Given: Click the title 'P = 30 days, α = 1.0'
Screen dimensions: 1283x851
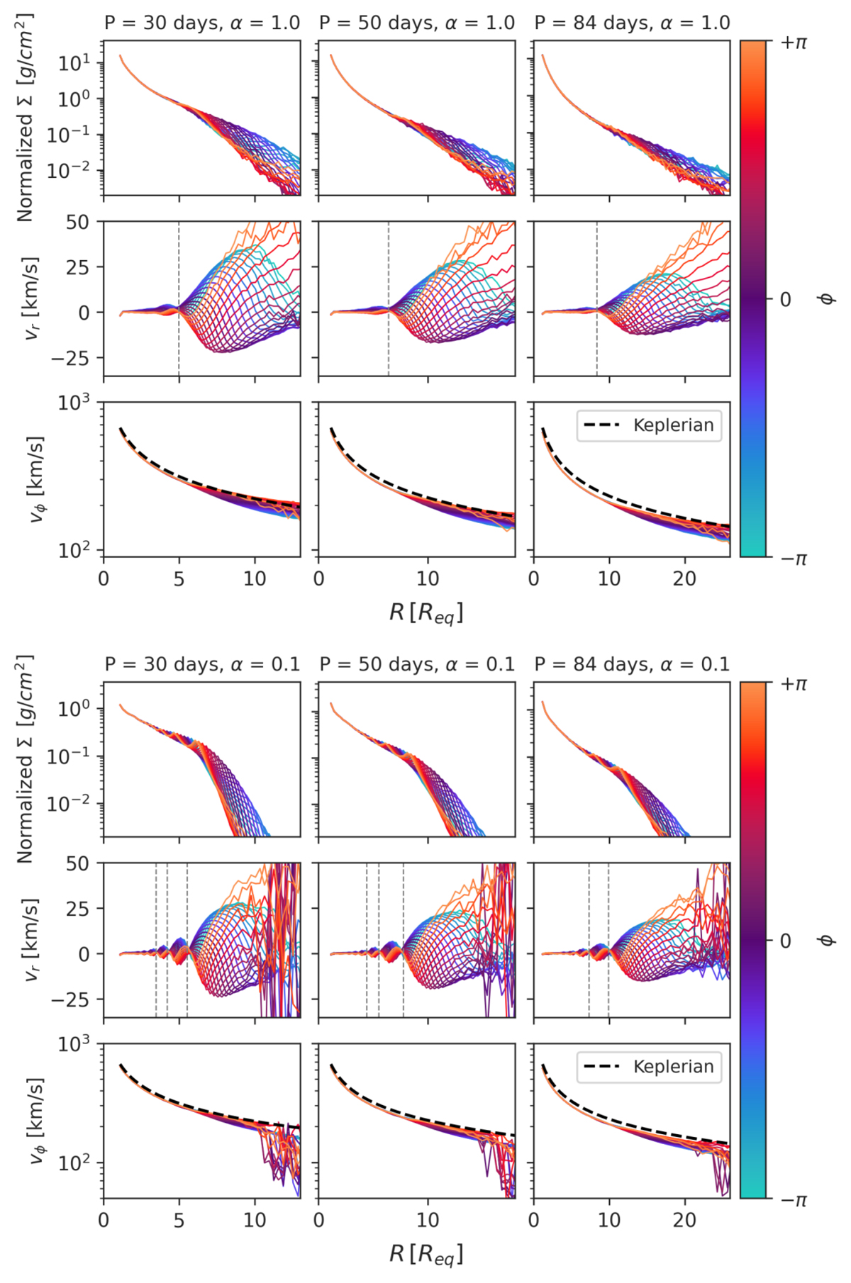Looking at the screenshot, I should (202, 23).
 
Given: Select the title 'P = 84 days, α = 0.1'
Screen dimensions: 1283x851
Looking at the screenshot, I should (632, 664).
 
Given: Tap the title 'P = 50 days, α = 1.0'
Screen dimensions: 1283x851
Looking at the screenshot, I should (417, 23).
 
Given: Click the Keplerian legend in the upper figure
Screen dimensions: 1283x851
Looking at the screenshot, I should (649, 425).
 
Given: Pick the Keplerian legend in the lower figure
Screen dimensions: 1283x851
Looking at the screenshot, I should (649, 1067).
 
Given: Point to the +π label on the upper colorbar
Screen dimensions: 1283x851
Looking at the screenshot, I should (794, 43).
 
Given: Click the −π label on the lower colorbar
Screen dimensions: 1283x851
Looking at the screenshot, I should (794, 1199).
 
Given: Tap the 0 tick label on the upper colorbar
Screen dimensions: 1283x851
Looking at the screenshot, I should (785, 300).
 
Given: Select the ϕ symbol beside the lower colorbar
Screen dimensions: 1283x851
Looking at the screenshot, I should (826, 941).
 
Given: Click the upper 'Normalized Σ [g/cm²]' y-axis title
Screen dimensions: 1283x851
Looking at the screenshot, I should (25, 118).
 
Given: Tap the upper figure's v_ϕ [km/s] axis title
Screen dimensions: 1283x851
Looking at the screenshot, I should (35, 479).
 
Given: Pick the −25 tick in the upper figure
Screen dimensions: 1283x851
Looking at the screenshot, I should (71, 358).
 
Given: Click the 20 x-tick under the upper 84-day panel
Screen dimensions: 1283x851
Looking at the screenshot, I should (684, 579).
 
